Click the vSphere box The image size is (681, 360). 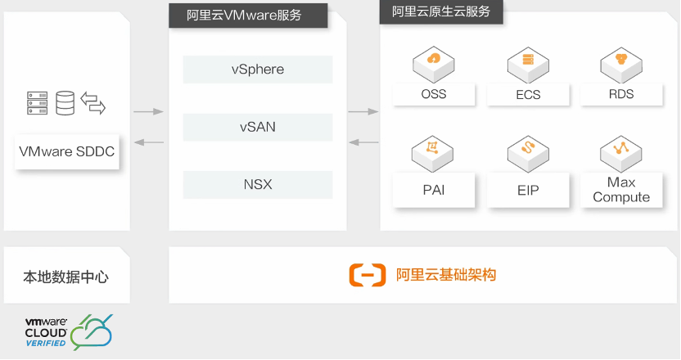258,70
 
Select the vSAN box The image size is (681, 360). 258,127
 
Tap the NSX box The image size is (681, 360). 258,185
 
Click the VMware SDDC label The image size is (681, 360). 67,152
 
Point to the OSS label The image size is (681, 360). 434,94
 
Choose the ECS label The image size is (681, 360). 528,94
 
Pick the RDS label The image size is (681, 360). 621,94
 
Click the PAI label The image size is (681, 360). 434,191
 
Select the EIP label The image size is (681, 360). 528,191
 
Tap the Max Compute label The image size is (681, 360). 621,190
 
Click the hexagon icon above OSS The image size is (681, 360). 434,60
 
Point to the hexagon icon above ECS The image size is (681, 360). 528,60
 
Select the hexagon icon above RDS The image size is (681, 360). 621,60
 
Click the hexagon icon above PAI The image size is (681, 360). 434,151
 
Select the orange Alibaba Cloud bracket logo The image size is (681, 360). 367,275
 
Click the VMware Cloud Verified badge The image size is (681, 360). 69,332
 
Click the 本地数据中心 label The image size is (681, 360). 66,277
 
